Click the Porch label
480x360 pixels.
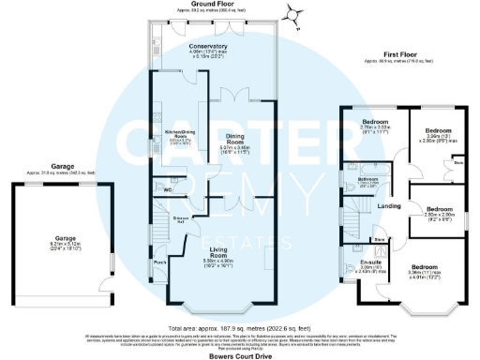[160, 262]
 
